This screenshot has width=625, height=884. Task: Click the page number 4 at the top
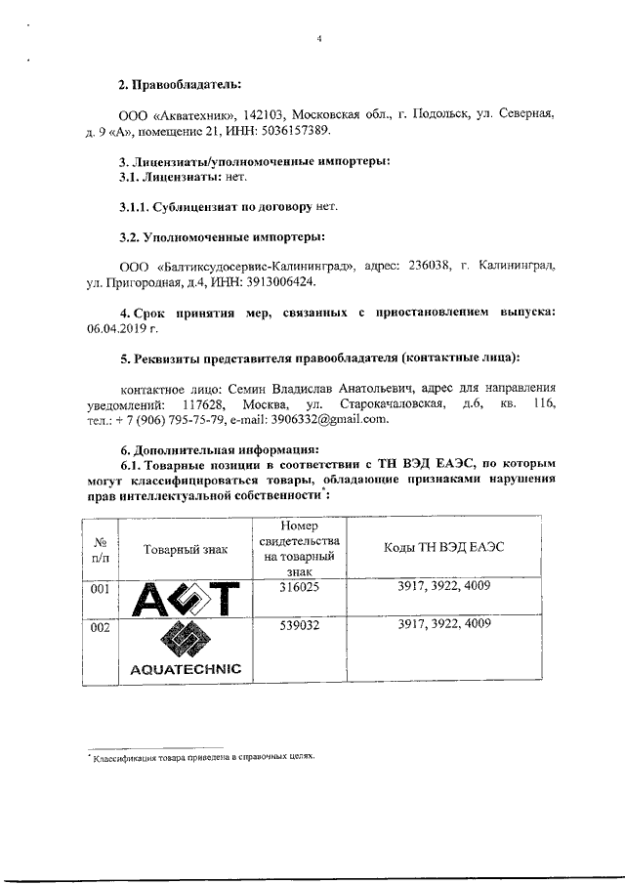click(318, 39)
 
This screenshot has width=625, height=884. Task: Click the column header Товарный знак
click(186, 549)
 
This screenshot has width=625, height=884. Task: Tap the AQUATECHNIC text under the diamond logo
click(186, 669)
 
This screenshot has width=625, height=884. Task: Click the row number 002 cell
click(100, 627)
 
